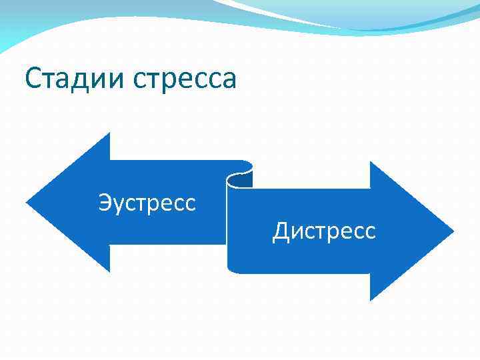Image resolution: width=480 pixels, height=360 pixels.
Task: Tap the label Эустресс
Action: coord(147,201)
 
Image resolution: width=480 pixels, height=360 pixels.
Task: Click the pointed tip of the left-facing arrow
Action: coord(27,202)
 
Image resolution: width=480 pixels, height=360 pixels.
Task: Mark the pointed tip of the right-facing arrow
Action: coord(453,231)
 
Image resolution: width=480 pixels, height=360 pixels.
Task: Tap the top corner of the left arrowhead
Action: coord(109,134)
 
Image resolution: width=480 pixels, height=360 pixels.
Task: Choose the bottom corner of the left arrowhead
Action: coord(109,271)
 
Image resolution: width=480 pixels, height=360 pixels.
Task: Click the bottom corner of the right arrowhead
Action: coord(371,300)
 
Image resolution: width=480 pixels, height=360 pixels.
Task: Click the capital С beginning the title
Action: coord(34,79)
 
